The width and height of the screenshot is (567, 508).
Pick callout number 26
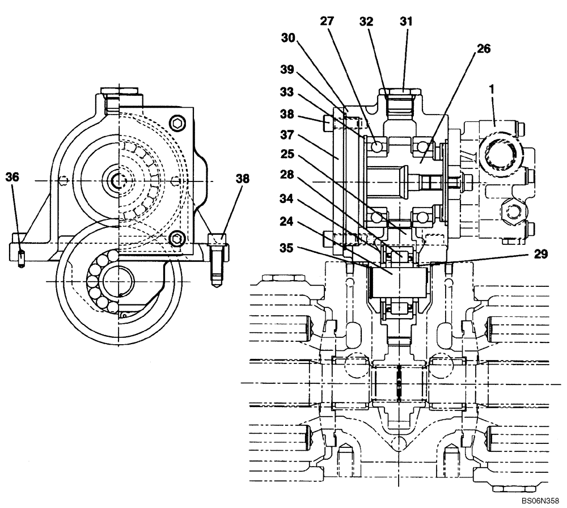(484, 49)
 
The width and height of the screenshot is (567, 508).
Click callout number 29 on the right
(540, 255)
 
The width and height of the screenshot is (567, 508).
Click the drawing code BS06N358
(541, 502)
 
